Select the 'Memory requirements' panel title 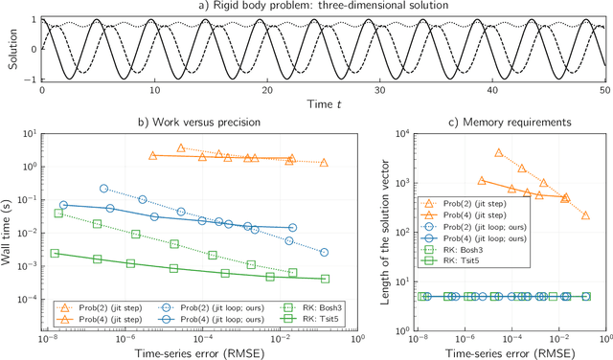509,122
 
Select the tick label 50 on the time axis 605,89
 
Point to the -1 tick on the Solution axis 31,79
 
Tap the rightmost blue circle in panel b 324,253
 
